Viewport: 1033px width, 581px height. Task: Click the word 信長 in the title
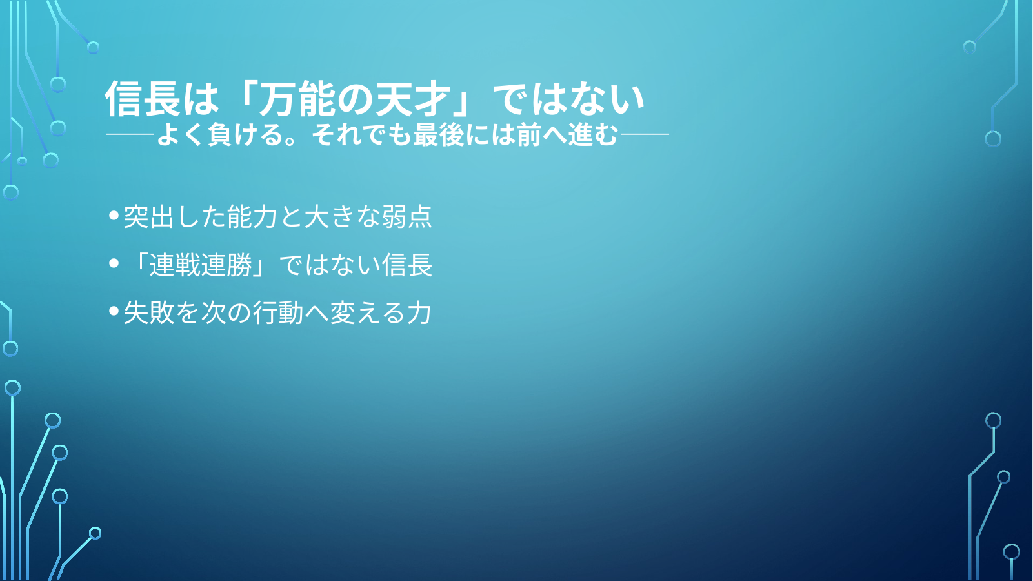pyautogui.click(x=143, y=99)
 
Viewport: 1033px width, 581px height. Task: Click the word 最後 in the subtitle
pyautogui.click(x=438, y=135)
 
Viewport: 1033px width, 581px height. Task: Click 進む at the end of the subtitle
pyautogui.click(x=592, y=135)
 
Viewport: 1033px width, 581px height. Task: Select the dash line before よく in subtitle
pyautogui.click(x=130, y=134)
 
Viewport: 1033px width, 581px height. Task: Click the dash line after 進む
pyautogui.click(x=645, y=134)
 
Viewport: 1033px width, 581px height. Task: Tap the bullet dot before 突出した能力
pyautogui.click(x=114, y=215)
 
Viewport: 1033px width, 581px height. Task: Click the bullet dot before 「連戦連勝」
pyautogui.click(x=114, y=263)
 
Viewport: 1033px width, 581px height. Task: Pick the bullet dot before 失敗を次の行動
pyautogui.click(x=114, y=311)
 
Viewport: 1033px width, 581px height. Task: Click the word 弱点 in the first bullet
pyautogui.click(x=406, y=216)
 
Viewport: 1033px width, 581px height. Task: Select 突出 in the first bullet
pyautogui.click(x=149, y=216)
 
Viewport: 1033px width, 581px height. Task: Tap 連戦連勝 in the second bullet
pyautogui.click(x=201, y=265)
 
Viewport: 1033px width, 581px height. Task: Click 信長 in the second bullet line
pyautogui.click(x=406, y=265)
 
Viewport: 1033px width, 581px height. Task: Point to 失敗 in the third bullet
pyautogui.click(x=149, y=312)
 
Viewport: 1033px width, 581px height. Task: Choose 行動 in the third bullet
pyautogui.click(x=277, y=312)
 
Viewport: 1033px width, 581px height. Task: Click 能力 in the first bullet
pyautogui.click(x=252, y=216)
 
